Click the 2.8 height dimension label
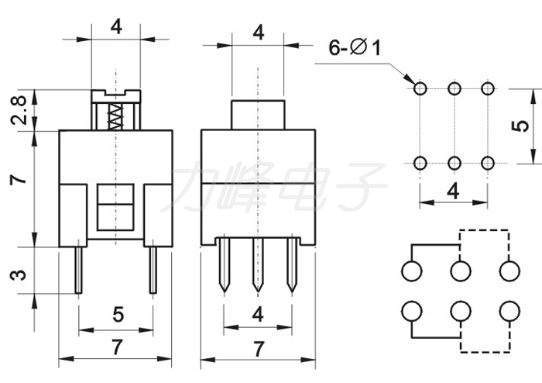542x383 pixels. pos(19,110)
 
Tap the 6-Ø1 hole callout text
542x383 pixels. pos(355,47)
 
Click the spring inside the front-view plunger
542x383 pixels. pos(115,116)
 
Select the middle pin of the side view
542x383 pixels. pos(258,264)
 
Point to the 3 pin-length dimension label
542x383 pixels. pos(19,274)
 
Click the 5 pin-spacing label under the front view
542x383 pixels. pos(118,315)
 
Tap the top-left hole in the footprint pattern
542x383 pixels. pos(420,88)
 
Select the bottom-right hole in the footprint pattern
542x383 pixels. pos(487,163)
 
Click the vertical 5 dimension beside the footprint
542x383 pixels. pos(520,126)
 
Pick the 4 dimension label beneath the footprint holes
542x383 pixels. pos(453,191)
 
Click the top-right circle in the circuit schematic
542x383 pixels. pos(509,271)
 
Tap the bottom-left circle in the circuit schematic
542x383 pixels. pos(412,311)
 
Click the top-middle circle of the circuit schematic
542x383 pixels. pos(461,271)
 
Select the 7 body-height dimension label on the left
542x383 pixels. pos(19,179)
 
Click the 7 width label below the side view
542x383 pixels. pos(259,349)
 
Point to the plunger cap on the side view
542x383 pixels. pos(258,115)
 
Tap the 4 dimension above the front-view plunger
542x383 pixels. pos(116,26)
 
